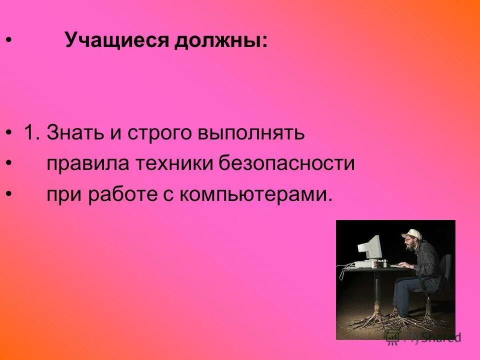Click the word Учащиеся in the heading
[118, 40]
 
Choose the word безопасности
[288, 163]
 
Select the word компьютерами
[255, 194]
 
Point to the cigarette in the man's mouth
[403, 246]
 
